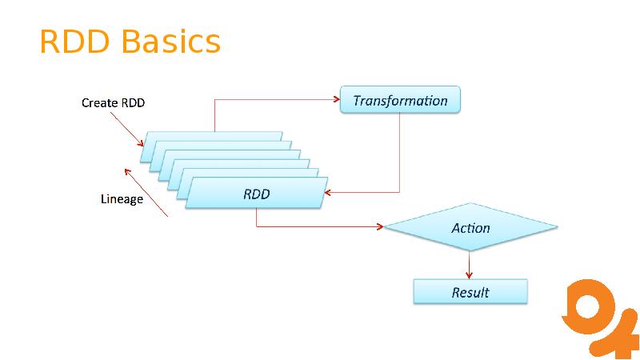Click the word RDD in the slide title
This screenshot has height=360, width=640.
coord(74,42)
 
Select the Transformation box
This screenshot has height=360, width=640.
coord(400,100)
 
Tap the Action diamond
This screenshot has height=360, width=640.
coord(470,228)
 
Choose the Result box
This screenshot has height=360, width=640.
coord(470,292)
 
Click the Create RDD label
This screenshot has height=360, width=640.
coord(113,102)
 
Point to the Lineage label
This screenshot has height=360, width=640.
coord(122,198)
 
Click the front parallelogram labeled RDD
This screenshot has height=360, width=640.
coord(256,194)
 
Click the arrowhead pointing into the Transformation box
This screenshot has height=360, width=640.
coord(336,100)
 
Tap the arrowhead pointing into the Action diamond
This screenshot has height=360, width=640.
coord(380,226)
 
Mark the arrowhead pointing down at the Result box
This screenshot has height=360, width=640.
coord(470,275)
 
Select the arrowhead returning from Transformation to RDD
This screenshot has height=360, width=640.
coord(330,193)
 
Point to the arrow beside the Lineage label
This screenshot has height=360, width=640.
coord(146,192)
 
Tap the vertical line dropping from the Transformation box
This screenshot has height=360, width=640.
coord(399,152)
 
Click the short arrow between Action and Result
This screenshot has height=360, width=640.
coord(470,265)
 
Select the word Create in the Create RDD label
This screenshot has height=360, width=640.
coord(99,102)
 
